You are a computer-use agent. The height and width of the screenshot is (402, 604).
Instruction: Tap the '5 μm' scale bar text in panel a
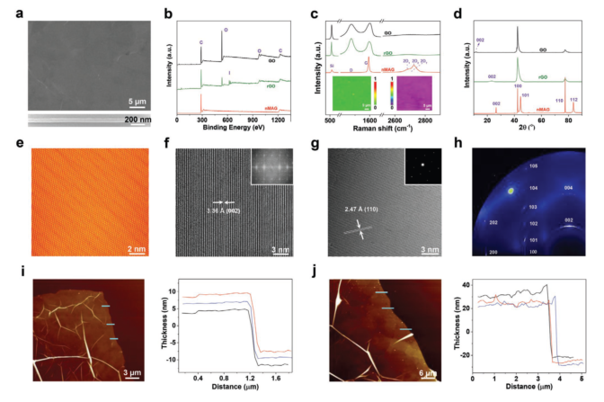[136, 100]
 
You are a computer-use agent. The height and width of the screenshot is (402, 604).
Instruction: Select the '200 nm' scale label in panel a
[132, 120]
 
